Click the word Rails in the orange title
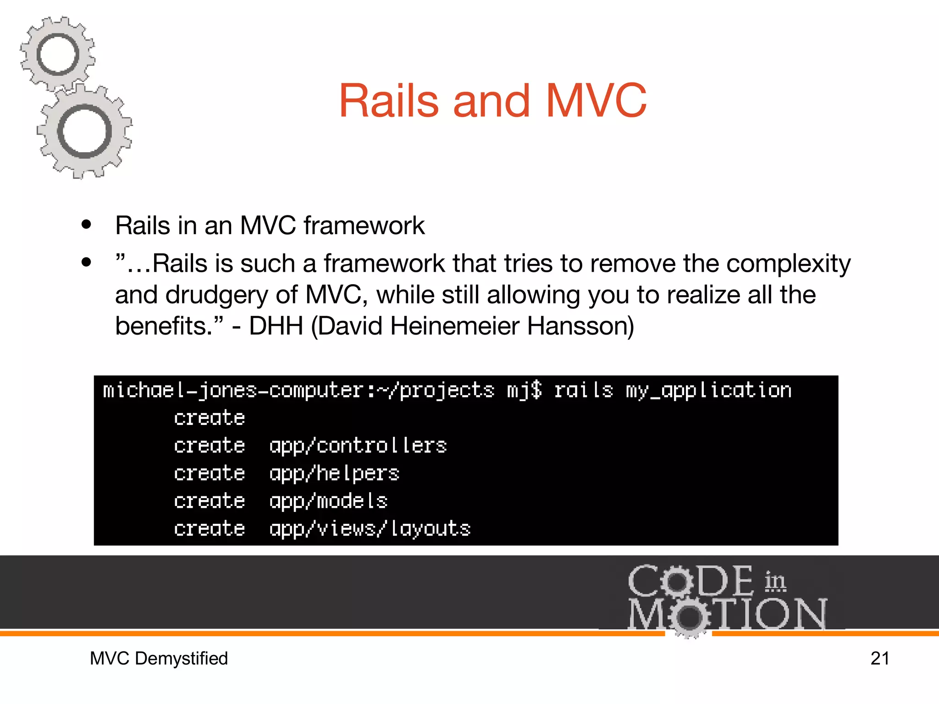[389, 101]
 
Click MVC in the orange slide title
[596, 101]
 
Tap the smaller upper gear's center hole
[58, 55]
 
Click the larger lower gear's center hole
[85, 132]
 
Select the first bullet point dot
[86, 225]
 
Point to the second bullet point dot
[86, 263]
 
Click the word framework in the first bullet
[364, 225]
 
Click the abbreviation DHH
[276, 326]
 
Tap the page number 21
[879, 659]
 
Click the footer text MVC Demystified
[159, 659]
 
